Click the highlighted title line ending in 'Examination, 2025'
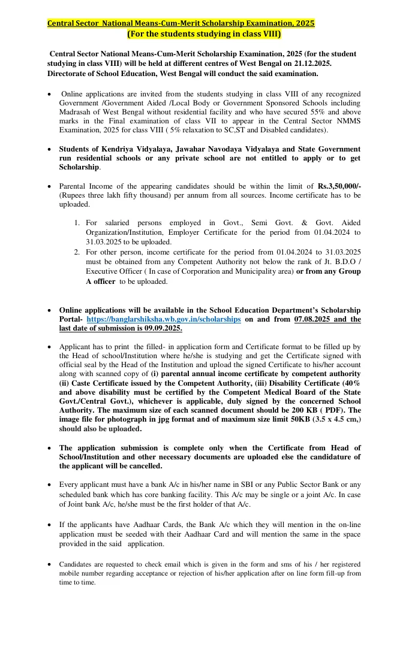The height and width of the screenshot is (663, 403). (x=181, y=23)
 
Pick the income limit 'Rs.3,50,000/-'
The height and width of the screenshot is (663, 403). (x=339, y=186)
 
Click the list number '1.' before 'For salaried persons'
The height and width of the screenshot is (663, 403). (x=77, y=223)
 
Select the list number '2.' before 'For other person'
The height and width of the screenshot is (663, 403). (x=77, y=252)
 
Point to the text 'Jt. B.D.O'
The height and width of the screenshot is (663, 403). (x=338, y=261)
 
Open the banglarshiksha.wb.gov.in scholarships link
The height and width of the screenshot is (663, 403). (x=164, y=319)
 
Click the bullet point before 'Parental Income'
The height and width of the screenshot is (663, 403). (x=49, y=186)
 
